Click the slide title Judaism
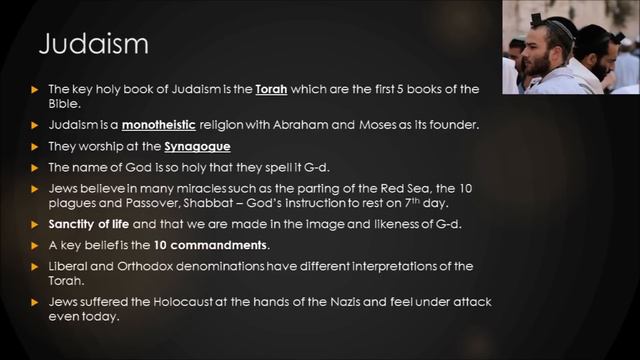coord(93,45)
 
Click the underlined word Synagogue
coord(197,147)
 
